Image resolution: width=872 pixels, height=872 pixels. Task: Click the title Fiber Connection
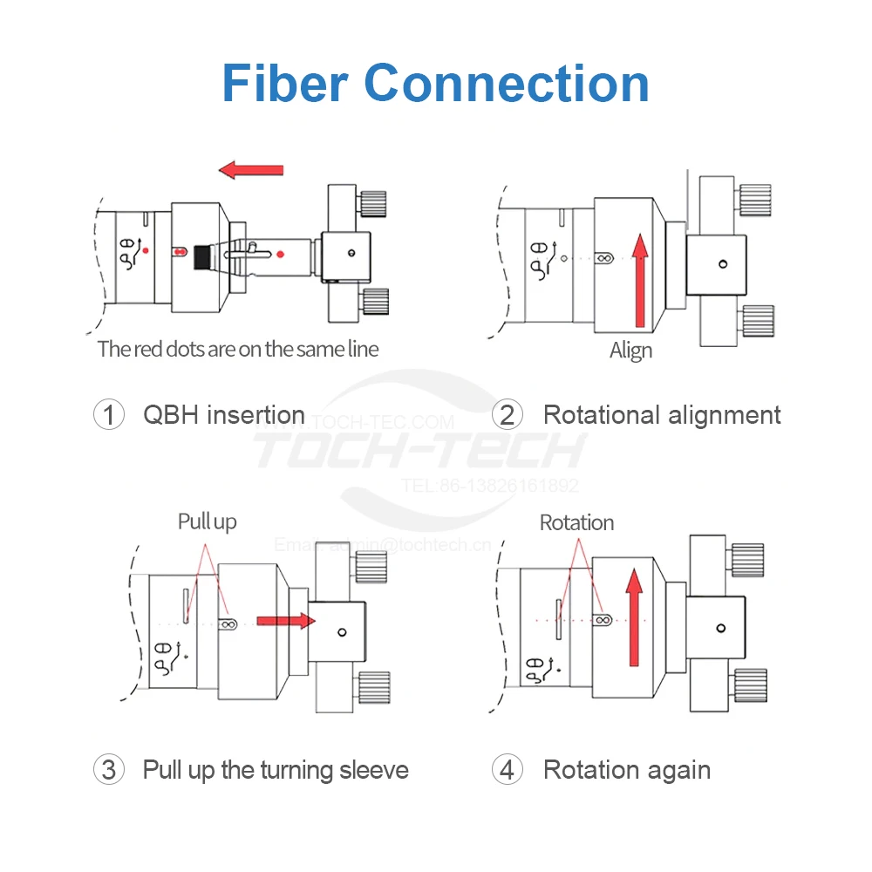tap(435, 84)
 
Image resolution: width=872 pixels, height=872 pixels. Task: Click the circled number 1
tap(108, 414)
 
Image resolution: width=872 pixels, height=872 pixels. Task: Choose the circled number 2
tap(507, 414)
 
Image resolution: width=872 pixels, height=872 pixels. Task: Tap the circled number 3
tap(108, 770)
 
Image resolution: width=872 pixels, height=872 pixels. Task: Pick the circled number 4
tap(507, 770)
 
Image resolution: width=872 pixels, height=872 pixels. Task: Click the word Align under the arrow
tap(630, 351)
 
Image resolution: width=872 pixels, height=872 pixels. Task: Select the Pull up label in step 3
tap(207, 521)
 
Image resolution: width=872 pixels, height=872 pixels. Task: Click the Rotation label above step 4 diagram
tap(576, 522)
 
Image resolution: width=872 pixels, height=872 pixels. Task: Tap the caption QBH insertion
tap(224, 414)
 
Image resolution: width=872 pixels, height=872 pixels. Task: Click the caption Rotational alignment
tap(662, 414)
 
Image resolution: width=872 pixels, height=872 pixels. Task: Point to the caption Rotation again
tap(626, 770)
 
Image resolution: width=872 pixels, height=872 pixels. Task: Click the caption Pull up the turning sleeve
tap(276, 770)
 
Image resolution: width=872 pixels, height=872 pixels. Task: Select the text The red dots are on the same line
tap(238, 349)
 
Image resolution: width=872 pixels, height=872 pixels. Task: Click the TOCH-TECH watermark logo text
tap(419, 451)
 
